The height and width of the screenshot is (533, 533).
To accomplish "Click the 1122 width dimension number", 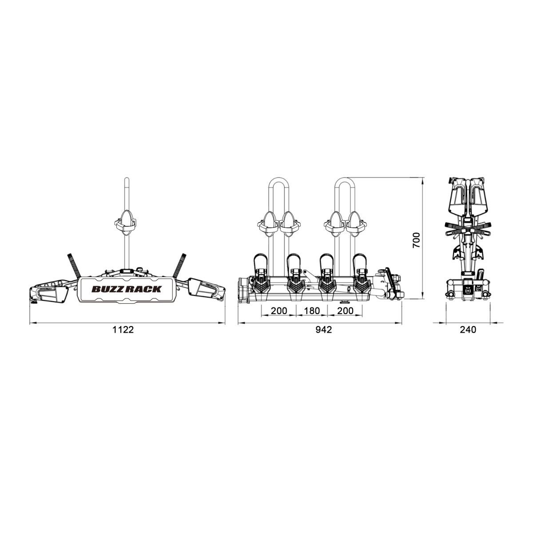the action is click(123, 330).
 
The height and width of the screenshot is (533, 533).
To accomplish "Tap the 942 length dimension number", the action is click(324, 330).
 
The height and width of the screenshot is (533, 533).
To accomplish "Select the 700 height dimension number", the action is click(416, 240).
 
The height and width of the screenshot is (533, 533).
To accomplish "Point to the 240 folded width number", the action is click(468, 330).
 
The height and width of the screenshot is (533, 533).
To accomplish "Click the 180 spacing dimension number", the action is click(312, 311).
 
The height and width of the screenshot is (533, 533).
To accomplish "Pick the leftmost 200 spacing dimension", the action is click(279, 311).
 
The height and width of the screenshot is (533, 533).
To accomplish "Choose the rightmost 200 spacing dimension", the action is click(345, 311).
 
